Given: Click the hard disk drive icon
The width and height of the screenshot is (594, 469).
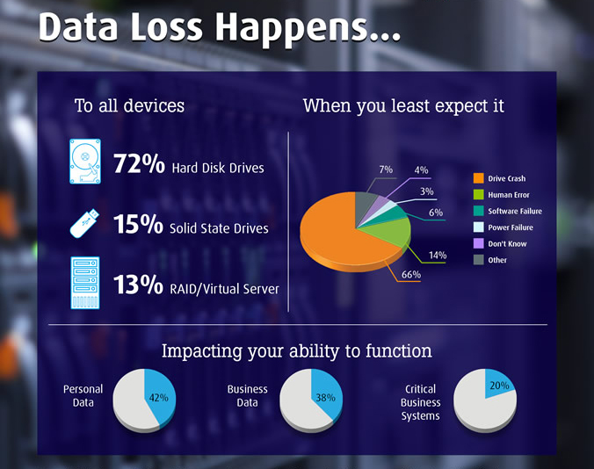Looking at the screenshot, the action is (85, 162).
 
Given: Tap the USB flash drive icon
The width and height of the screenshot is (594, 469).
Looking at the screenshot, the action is (84, 224).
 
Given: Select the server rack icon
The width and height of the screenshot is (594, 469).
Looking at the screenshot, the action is (85, 283).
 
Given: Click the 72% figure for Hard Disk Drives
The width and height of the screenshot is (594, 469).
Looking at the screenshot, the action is (139, 163).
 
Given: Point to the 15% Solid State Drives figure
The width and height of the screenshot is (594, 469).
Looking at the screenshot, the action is (138, 224).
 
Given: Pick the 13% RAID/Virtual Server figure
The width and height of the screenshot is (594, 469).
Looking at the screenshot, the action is (138, 285).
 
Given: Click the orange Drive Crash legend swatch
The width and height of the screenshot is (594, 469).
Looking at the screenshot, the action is (479, 178).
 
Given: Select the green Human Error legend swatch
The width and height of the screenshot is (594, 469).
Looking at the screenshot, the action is (479, 195).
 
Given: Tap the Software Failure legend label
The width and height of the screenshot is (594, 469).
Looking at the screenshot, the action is (515, 211).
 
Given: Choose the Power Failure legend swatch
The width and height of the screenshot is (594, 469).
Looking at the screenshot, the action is (479, 227).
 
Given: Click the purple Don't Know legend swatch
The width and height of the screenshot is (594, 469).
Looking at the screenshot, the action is (479, 243).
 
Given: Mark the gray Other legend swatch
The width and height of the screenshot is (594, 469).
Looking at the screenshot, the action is (479, 260).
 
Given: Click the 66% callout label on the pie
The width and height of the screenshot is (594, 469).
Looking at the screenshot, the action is (411, 274).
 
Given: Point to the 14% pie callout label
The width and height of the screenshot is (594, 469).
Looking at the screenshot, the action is (438, 255).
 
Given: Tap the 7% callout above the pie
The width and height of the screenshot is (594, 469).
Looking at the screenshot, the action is (386, 170).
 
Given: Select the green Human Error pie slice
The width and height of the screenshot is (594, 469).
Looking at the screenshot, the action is (390, 231).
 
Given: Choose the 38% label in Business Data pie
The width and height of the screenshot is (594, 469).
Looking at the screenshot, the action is (325, 398).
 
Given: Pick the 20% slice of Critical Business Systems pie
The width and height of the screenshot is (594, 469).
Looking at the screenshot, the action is (497, 383).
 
